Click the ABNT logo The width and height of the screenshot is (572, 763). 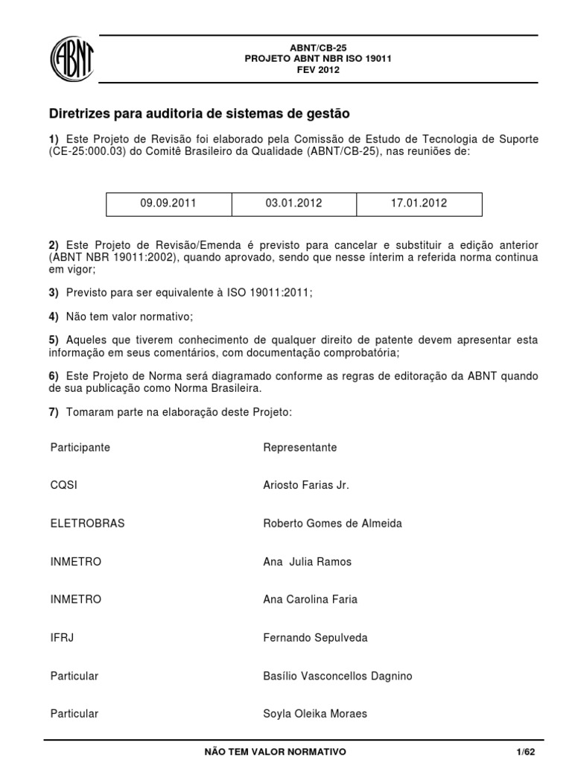tap(71, 59)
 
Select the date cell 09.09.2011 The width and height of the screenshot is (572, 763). tap(168, 203)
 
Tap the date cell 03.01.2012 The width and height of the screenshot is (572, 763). tap(293, 203)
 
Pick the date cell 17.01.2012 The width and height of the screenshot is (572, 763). tap(419, 203)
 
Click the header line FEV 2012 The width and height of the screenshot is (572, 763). tap(318, 70)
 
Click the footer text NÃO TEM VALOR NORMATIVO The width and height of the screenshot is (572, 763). tap(275, 752)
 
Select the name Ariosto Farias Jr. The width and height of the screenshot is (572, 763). tap(306, 485)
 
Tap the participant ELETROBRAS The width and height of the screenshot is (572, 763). tap(87, 523)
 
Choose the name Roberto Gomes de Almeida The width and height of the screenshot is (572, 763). tap(332, 523)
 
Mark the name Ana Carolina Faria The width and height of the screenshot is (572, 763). tap(309, 599)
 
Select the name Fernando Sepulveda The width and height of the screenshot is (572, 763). tap(315, 638)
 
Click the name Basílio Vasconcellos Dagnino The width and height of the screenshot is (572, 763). tap(337, 676)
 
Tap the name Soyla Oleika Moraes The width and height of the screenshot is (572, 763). tap(315, 714)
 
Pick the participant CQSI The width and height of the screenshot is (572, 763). tap(64, 485)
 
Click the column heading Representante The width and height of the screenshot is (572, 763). tap(299, 447)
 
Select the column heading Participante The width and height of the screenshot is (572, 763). tap(80, 447)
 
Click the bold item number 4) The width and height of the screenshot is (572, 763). tap(54, 317)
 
